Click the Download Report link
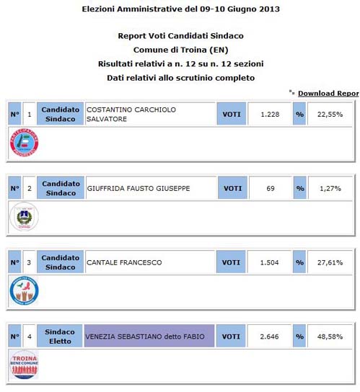328,93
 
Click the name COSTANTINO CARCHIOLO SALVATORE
131,114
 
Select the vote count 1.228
269,114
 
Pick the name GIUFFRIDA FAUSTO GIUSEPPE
138,189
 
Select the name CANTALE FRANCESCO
123,262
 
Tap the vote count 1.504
269,262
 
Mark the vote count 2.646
269,337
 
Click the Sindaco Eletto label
60,337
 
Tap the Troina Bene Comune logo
24,364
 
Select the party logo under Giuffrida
24,217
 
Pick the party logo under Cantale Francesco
24,290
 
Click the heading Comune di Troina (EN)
180,50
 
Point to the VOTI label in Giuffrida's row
232,189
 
